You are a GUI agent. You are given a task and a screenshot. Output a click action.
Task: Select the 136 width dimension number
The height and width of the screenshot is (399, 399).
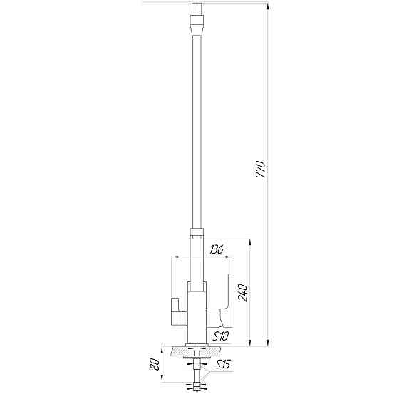[x=217, y=250]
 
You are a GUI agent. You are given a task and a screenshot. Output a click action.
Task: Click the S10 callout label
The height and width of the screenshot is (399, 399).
[x=219, y=336]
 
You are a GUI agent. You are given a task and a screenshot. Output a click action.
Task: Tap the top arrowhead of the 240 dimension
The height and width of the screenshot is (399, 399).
[x=249, y=242]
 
